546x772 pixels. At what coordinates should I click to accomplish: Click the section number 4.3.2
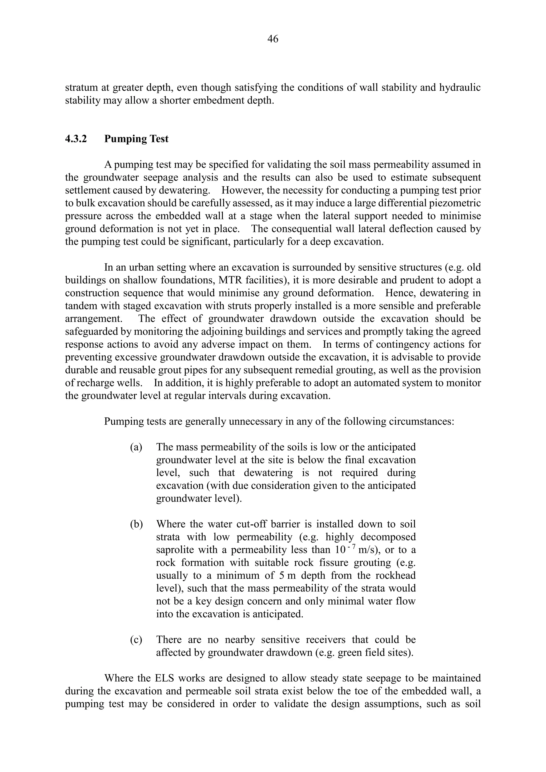[x=76, y=139]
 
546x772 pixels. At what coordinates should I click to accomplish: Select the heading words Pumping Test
[x=136, y=139]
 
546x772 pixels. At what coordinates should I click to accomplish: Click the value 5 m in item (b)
[x=287, y=576]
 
